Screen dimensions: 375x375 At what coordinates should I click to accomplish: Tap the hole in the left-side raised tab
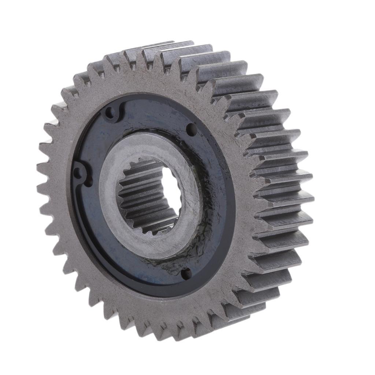click(78, 173)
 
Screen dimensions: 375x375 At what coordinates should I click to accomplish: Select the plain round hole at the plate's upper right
click(191, 129)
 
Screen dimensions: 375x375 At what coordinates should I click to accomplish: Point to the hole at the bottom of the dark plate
click(186, 273)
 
